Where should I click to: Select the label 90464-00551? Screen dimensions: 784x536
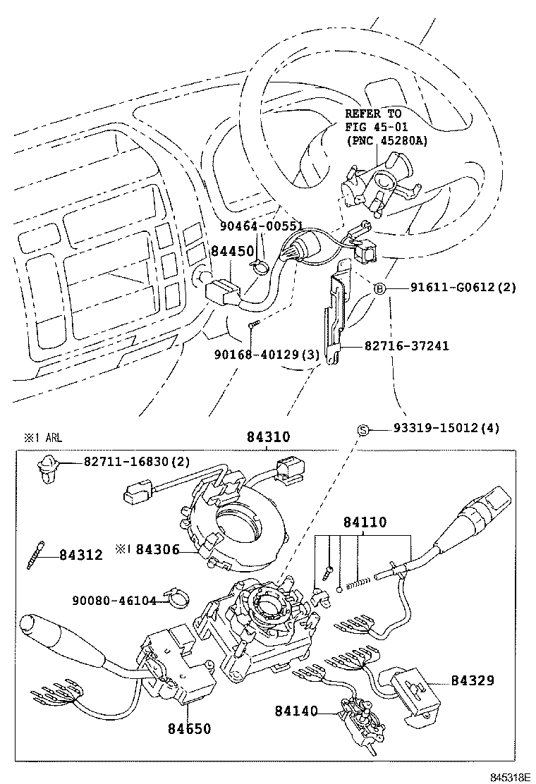260,226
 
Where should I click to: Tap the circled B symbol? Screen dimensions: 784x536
379,288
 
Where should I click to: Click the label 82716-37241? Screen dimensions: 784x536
407,346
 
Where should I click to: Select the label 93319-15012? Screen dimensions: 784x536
437,429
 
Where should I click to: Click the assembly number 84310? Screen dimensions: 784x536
267,437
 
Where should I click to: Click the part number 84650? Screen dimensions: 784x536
189,728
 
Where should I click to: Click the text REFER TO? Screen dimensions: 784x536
373,114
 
